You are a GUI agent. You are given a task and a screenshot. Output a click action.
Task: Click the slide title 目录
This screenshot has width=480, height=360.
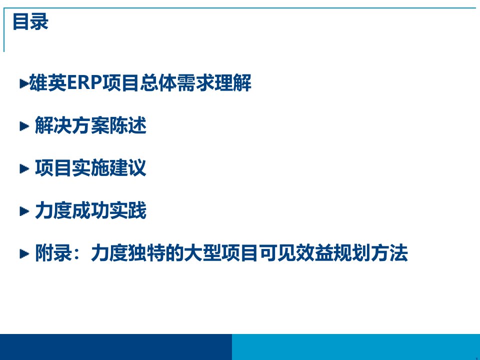[30, 21]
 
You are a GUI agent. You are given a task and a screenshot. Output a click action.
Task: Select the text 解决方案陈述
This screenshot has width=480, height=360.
[90, 125]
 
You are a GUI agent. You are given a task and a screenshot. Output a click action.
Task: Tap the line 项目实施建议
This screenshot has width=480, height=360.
[90, 168]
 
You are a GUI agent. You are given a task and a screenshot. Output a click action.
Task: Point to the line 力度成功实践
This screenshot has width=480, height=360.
[90, 210]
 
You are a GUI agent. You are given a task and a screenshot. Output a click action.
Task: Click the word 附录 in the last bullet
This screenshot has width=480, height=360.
[53, 253]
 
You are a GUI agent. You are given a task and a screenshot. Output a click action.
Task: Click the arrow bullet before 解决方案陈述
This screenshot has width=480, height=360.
[24, 126]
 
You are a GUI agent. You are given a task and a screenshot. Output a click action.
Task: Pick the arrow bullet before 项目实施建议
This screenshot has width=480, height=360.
[24, 168]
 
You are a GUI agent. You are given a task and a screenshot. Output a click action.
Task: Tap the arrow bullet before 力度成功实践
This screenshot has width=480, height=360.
[24, 211]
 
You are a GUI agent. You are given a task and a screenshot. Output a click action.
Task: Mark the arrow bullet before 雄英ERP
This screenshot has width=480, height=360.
[24, 83]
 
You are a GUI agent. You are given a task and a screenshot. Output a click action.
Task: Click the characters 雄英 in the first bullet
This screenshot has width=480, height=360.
[48, 82]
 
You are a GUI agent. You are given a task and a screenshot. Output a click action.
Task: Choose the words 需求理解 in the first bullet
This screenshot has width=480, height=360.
[214, 82]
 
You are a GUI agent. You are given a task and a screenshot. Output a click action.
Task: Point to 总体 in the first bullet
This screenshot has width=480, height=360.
[158, 82]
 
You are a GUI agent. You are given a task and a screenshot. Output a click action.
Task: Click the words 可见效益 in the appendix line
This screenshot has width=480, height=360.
[296, 253]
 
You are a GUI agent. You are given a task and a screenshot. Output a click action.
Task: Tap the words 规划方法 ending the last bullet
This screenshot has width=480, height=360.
[370, 253]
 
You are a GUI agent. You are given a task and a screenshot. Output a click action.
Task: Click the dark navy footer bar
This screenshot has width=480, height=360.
[116, 347]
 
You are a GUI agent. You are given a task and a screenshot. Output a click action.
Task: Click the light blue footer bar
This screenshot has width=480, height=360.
[356, 347]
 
